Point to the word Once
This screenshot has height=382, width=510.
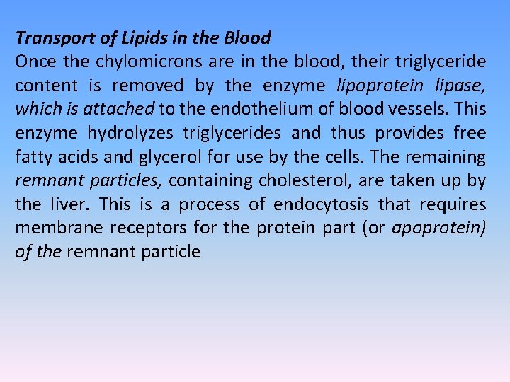36,62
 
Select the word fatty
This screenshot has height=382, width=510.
34,156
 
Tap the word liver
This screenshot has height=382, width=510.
71,204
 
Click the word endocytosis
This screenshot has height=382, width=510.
321,204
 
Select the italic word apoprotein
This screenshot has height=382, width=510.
445,228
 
